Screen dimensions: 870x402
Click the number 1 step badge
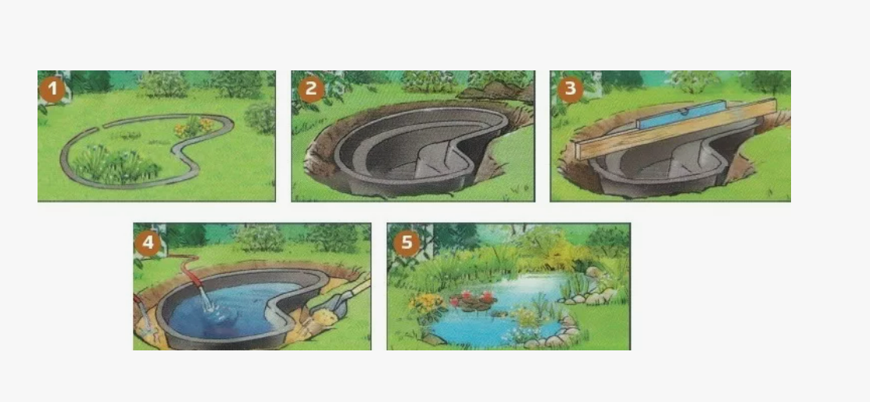point(52,90)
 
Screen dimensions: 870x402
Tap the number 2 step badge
point(311,90)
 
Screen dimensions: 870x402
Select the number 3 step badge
point(570,90)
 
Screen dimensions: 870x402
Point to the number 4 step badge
point(148,243)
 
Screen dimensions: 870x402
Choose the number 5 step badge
point(406,243)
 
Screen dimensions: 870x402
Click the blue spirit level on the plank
point(682,115)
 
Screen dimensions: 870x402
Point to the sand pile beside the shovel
point(322,319)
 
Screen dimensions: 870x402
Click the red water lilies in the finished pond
point(473,297)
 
